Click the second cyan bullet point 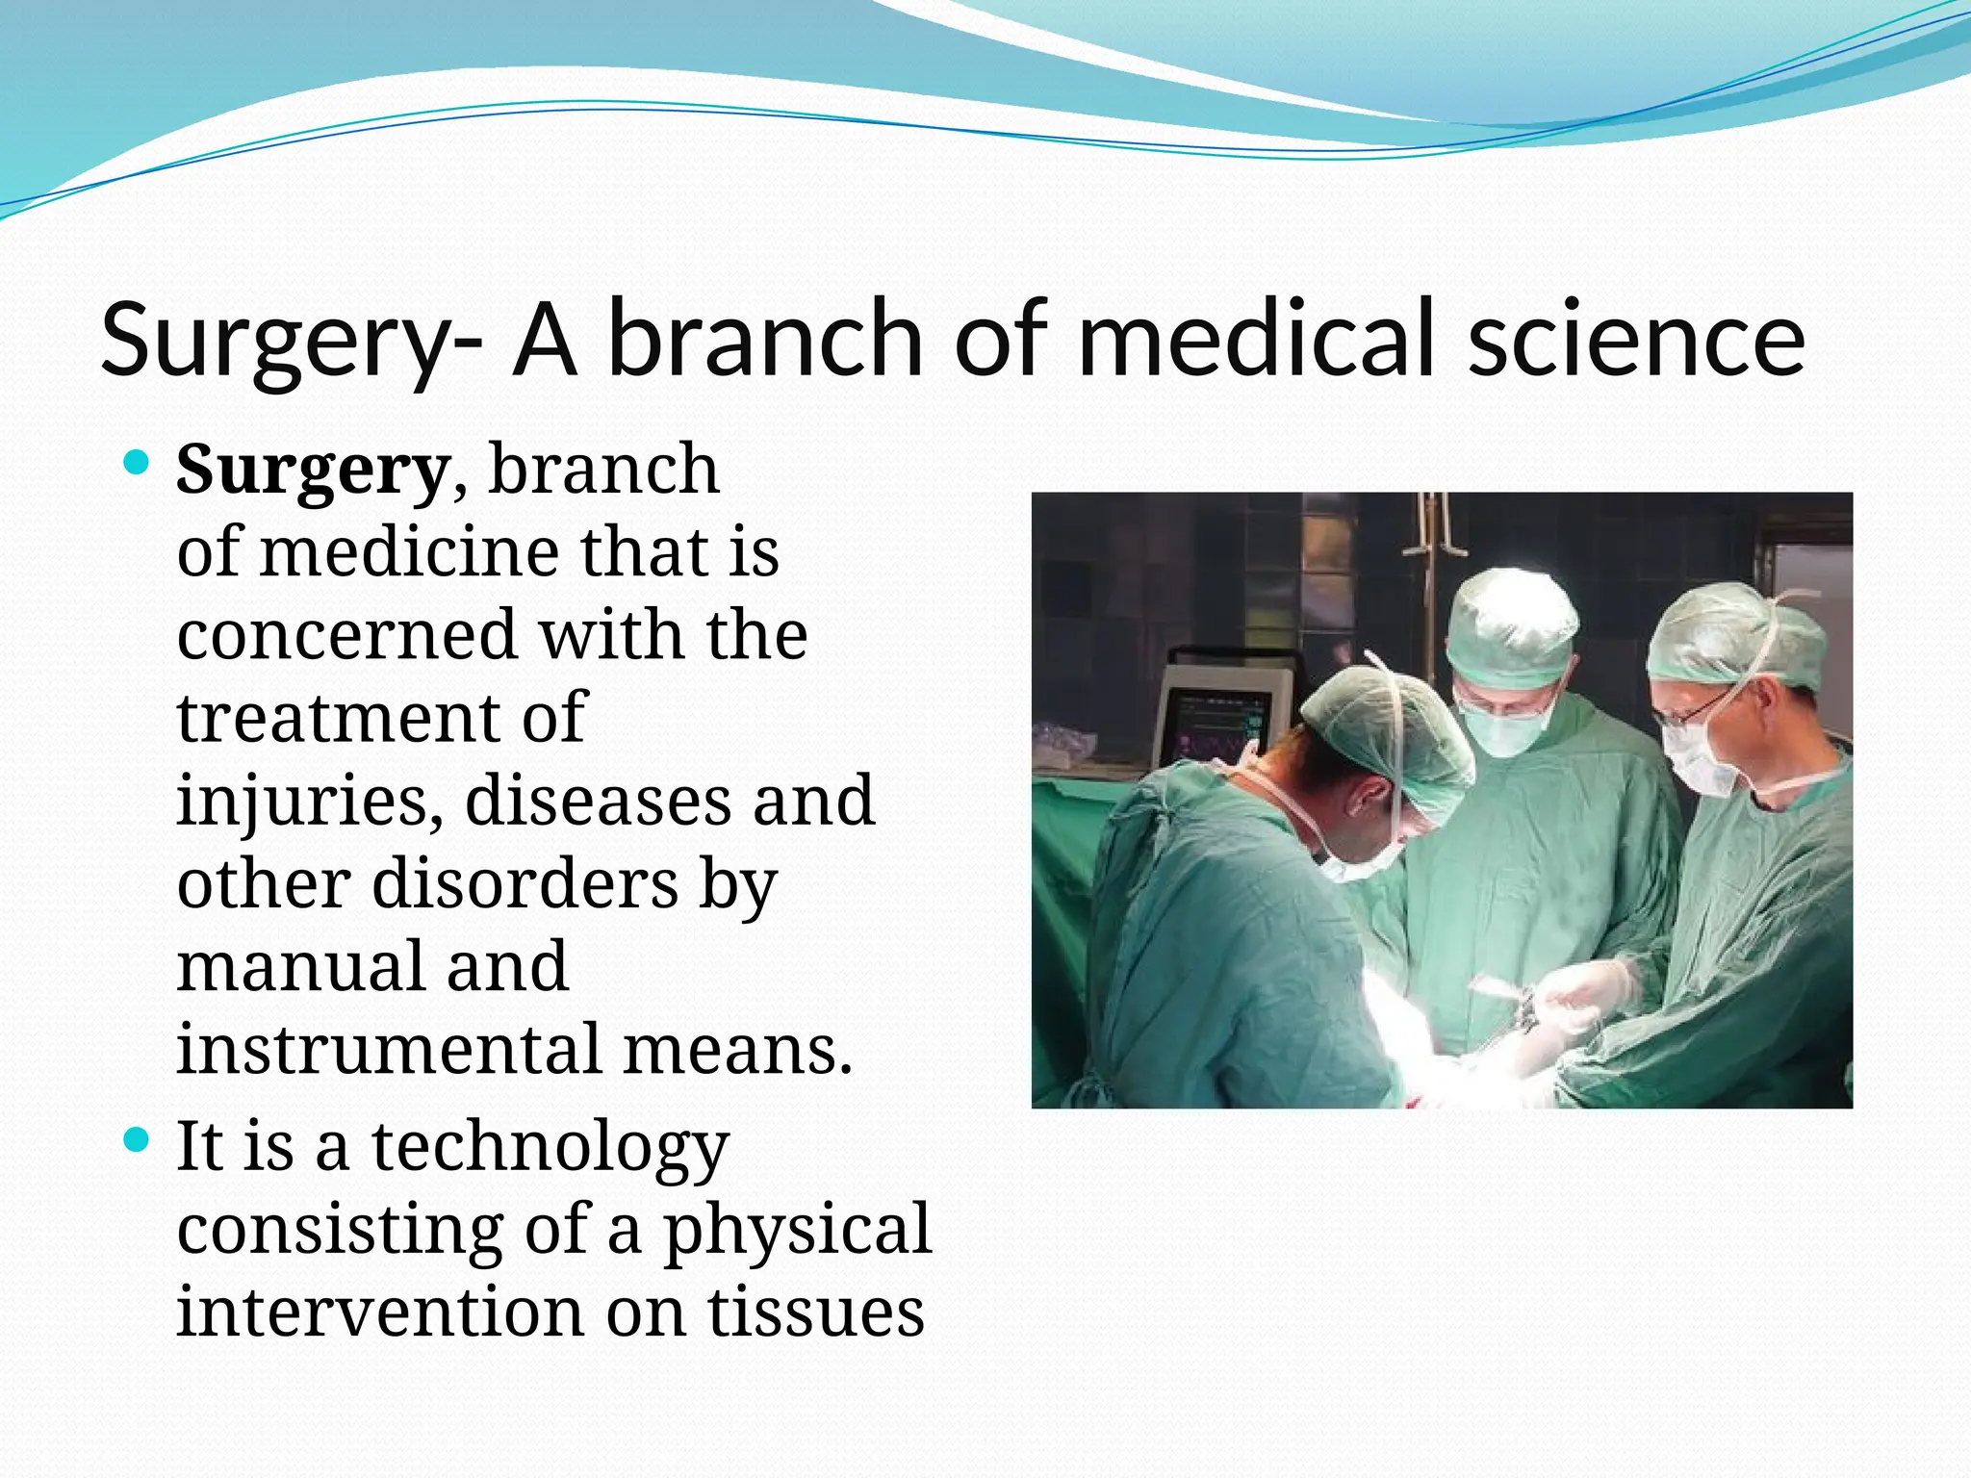click(x=138, y=1141)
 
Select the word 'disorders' click(x=525, y=883)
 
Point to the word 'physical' click(x=798, y=1230)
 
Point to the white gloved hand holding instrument click(x=1588, y=991)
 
